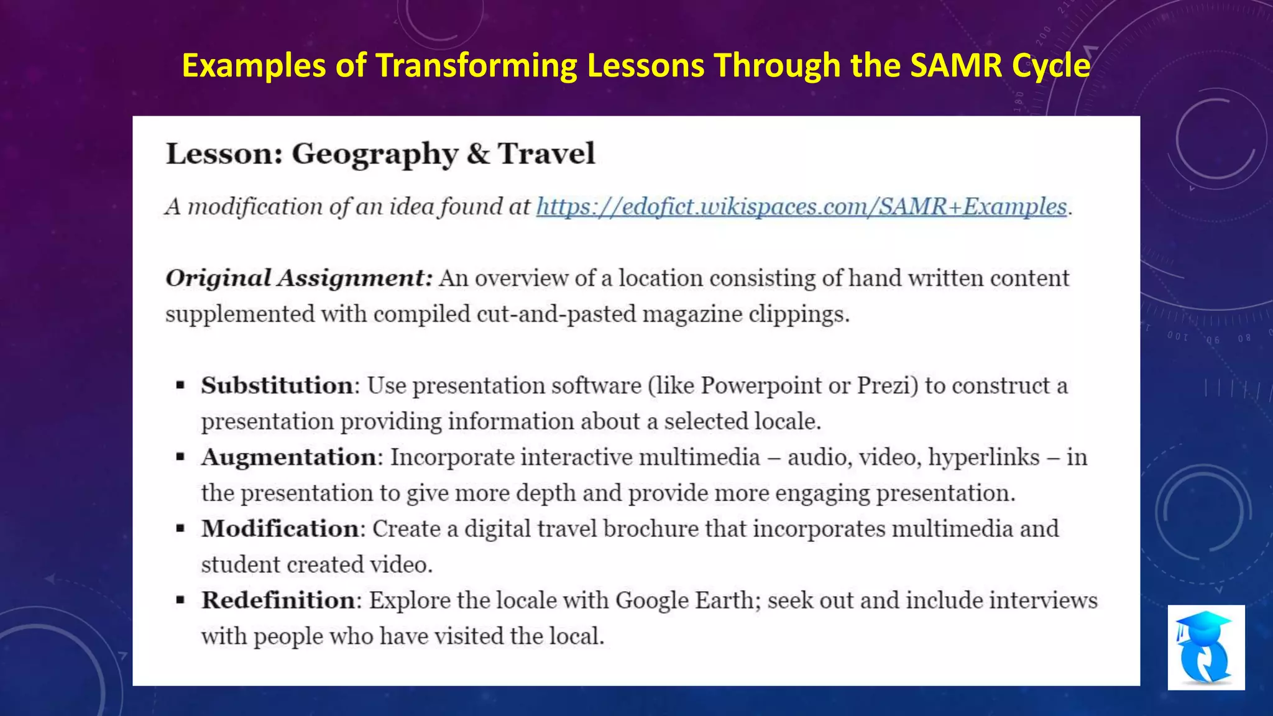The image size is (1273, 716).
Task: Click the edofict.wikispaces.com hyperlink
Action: tap(801, 207)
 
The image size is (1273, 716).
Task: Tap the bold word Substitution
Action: tap(277, 386)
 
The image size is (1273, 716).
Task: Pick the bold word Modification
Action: tap(280, 529)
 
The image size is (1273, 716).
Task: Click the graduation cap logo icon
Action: tap(1205, 647)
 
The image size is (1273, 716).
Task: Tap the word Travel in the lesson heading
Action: tap(546, 154)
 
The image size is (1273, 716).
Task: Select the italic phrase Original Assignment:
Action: tap(298, 278)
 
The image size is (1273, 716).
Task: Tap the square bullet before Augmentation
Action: tap(180, 457)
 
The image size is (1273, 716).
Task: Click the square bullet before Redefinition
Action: tap(180, 600)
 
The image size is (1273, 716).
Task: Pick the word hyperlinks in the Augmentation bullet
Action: tap(983, 457)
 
